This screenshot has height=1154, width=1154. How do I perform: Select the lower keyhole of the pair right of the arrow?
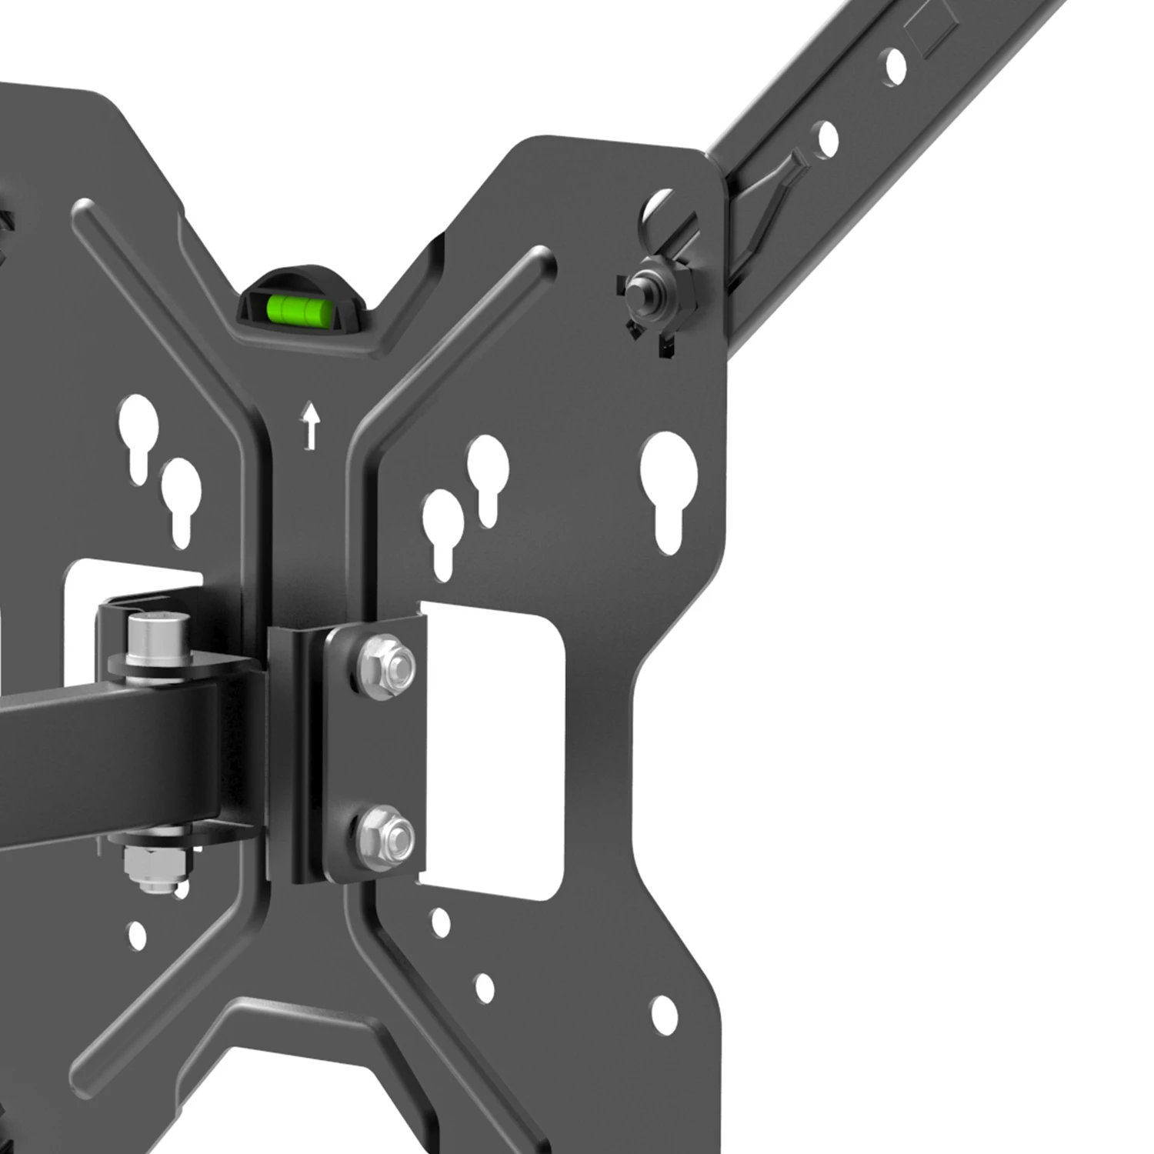click(x=442, y=527)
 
